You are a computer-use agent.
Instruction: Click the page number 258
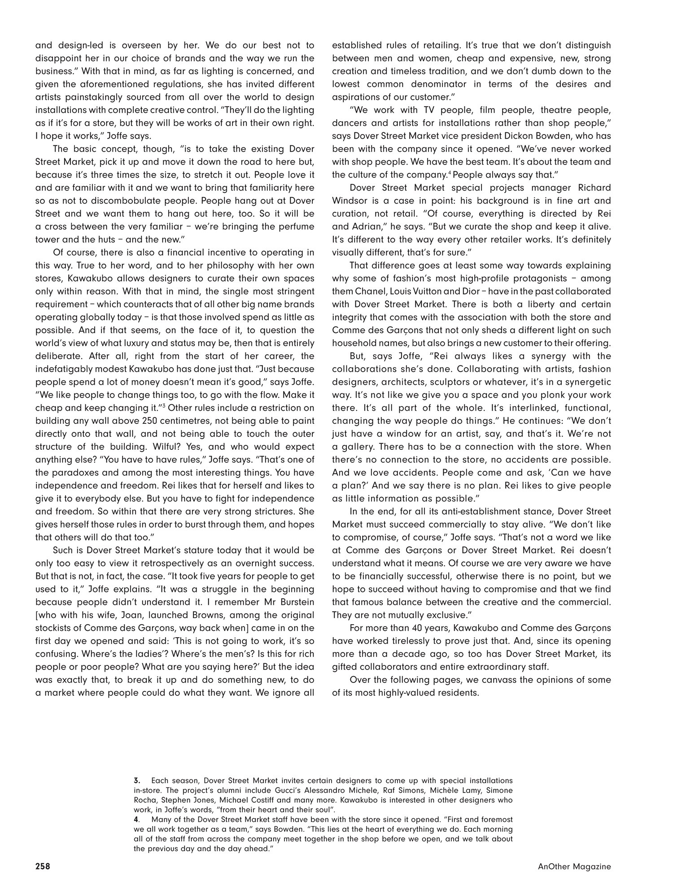tap(43, 866)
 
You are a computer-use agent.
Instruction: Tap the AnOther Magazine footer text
tap(574, 866)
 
